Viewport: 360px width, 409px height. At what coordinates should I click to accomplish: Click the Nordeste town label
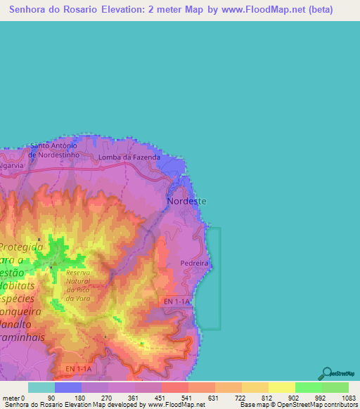pos(187,201)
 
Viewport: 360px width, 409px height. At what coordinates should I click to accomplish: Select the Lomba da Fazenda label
pos(130,157)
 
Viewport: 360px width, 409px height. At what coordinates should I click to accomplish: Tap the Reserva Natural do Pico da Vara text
pos(79,286)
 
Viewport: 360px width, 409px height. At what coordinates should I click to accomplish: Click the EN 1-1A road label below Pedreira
pos(176,301)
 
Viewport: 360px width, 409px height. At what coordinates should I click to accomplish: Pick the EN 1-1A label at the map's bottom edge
pos(78,368)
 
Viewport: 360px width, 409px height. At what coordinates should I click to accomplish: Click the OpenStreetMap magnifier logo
pos(326,373)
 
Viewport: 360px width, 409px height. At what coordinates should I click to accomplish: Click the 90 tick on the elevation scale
pos(50,398)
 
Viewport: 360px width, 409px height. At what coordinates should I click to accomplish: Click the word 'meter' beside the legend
pos(11,398)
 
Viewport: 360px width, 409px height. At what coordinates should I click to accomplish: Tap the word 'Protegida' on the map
pos(22,247)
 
